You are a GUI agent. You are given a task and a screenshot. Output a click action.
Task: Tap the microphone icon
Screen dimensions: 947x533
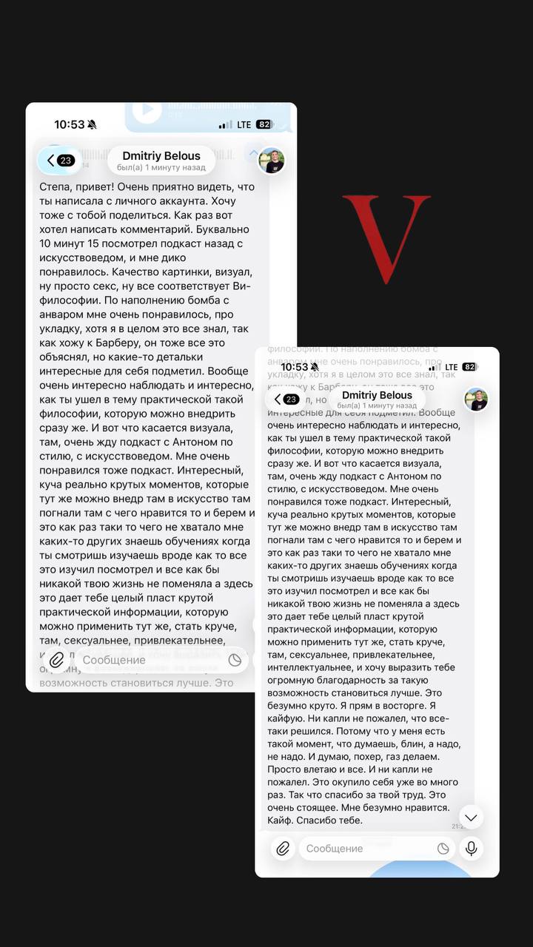471,849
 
